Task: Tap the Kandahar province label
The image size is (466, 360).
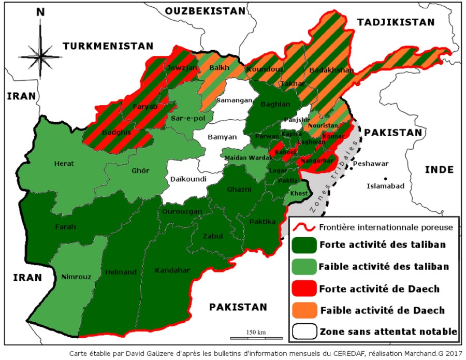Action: pos(172,270)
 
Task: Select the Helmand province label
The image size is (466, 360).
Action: pos(121,272)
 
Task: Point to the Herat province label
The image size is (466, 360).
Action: pos(64,164)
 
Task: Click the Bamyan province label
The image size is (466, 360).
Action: pos(222,137)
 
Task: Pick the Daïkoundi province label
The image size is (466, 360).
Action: pos(188,179)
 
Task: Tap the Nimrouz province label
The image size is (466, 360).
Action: pos(76,277)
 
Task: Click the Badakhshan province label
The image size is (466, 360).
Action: pos(331,70)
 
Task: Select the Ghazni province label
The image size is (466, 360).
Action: pos(239,190)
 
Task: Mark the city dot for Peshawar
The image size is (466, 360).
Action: pos(349,164)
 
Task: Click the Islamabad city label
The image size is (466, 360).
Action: pos(386,186)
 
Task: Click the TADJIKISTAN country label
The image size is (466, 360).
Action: pos(395,22)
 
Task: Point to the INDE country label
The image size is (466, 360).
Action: pos(439,169)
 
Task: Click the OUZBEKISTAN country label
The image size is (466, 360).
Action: pos(205,11)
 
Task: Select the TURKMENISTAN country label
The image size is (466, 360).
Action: pos(108,46)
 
